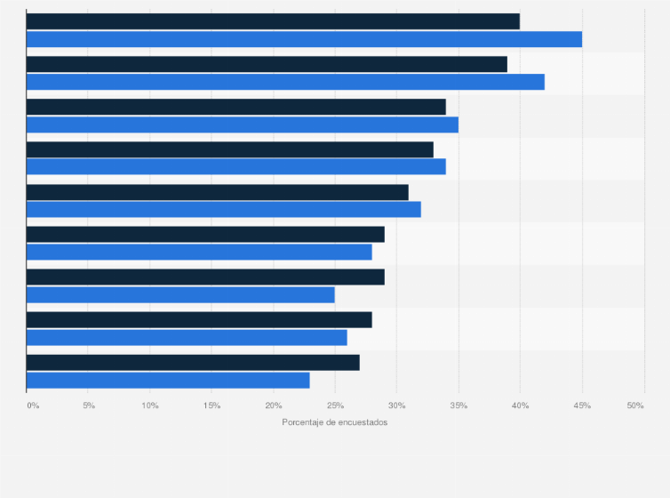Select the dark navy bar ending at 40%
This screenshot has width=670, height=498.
(273, 21)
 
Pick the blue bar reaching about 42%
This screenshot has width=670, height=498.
(285, 82)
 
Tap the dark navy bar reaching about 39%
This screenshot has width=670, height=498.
(267, 64)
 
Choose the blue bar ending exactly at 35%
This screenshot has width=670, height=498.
(243, 124)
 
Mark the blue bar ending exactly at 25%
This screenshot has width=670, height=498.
(180, 294)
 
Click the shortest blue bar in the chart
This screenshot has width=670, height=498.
(168, 380)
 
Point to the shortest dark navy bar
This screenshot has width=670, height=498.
(193, 362)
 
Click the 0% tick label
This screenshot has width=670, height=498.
(33, 406)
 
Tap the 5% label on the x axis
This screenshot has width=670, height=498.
(89, 406)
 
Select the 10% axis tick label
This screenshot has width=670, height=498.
(150, 406)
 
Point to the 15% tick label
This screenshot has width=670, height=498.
(211, 406)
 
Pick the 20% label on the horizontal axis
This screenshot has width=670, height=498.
(274, 406)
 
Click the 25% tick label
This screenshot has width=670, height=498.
(335, 406)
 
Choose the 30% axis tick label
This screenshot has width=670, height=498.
(396, 406)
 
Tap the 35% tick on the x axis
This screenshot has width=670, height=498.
(459, 406)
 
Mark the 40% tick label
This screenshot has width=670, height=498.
(520, 406)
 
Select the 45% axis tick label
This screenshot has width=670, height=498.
(582, 406)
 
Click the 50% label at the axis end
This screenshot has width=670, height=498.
(635, 406)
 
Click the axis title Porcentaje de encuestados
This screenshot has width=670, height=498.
(335, 422)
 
